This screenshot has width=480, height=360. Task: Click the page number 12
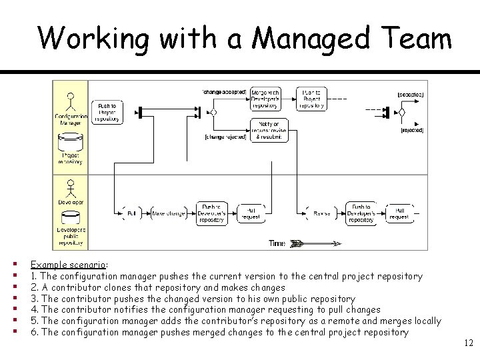(x=467, y=343)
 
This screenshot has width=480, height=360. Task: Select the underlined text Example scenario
(x=69, y=265)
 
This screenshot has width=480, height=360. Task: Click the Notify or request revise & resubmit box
(x=269, y=129)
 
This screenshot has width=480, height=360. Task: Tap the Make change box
(x=169, y=213)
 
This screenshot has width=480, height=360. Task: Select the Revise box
(x=322, y=213)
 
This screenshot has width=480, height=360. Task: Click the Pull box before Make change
(x=131, y=213)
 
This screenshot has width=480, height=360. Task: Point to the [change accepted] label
(x=224, y=91)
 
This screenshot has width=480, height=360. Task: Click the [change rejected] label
(x=226, y=137)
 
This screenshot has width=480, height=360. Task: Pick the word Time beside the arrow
(x=277, y=243)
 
